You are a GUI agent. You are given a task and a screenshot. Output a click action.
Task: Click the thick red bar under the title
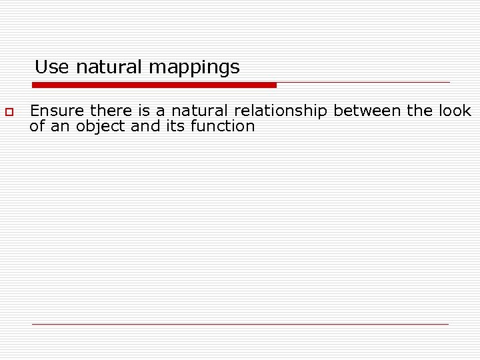point(154,85)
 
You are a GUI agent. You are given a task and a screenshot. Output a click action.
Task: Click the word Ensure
point(58,111)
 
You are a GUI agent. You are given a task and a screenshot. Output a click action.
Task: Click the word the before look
point(420,111)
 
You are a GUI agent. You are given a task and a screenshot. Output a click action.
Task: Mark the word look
point(455,111)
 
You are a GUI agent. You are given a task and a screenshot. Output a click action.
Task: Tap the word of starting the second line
point(37,126)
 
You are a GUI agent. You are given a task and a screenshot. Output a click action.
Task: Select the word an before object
point(61,126)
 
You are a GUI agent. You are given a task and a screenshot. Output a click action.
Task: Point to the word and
point(145,126)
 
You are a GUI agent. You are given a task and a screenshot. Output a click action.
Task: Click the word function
point(223,126)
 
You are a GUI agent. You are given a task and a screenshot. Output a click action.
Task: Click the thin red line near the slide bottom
point(240,324)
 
